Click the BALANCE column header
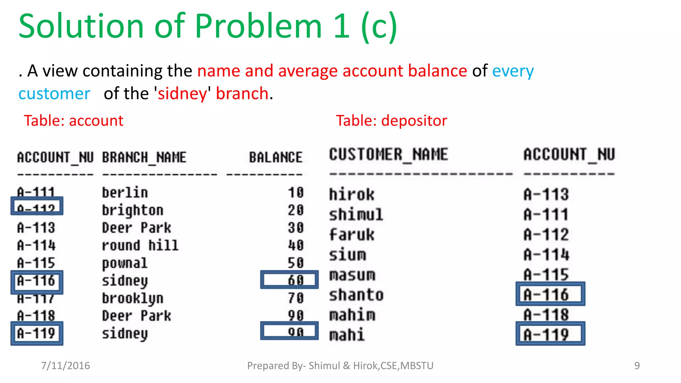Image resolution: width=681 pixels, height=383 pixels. pyautogui.click(x=276, y=157)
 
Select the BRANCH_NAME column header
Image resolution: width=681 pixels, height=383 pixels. pyautogui.click(x=144, y=157)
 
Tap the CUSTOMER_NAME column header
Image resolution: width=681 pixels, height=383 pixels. pyautogui.click(x=388, y=155)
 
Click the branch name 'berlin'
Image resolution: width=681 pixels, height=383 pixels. pyautogui.click(x=125, y=193)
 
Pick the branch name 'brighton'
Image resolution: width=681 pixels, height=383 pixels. pyautogui.click(x=132, y=210)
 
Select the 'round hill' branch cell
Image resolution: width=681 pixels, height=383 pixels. pyautogui.click(x=140, y=246)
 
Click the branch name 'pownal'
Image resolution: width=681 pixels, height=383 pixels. pyautogui.click(x=124, y=263)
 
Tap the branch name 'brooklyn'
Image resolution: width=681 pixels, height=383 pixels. pyautogui.click(x=132, y=298)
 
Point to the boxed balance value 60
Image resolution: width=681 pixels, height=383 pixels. pyautogui.click(x=295, y=280)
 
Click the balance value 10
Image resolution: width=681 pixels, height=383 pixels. pyautogui.click(x=296, y=193)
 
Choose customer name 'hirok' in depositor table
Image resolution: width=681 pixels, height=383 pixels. pyautogui.click(x=351, y=194)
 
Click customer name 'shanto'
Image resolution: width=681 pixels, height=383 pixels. pyautogui.click(x=356, y=295)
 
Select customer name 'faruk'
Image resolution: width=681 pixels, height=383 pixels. pyautogui.click(x=351, y=235)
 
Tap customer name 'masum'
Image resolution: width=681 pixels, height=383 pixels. pyautogui.click(x=352, y=275)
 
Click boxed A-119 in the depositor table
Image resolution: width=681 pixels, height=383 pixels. pyautogui.click(x=550, y=334)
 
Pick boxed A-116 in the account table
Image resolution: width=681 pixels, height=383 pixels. pyautogui.click(x=37, y=281)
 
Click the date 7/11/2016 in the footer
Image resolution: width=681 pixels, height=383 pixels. pyautogui.click(x=65, y=366)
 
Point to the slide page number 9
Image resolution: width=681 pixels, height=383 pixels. pyautogui.click(x=637, y=366)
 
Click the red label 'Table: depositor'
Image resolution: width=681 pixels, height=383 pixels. pyautogui.click(x=391, y=121)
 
